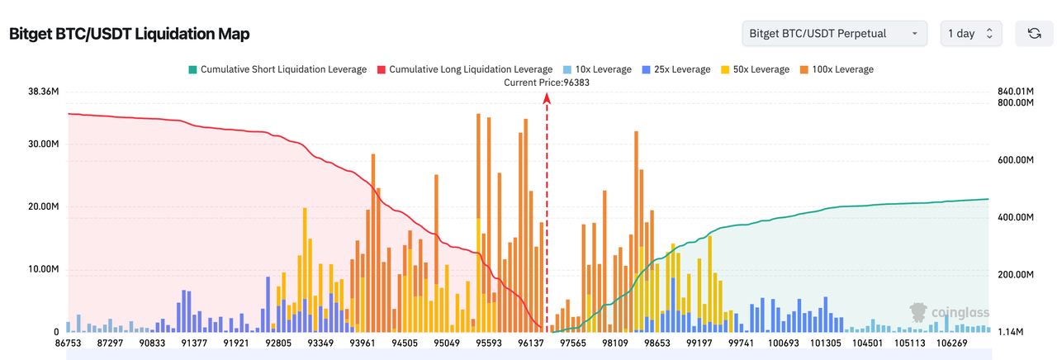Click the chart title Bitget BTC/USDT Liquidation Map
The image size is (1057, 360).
coord(129,34)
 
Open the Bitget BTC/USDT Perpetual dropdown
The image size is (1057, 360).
coord(832,34)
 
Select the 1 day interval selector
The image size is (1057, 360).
coord(970,34)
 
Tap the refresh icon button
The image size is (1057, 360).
coord(1033,34)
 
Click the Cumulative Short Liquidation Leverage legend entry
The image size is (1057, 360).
coord(277,69)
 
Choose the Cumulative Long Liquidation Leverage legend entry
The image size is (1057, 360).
coord(464,69)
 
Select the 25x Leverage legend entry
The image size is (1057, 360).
coord(675,69)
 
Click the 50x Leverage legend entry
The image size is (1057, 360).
coord(755,69)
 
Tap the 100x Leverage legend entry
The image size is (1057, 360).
coord(837,69)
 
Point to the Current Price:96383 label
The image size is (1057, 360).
coord(547,83)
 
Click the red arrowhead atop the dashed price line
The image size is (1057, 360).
coord(547,97)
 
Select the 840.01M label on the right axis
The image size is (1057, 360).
coord(1016,91)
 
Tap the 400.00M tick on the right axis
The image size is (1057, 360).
coord(1016,217)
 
